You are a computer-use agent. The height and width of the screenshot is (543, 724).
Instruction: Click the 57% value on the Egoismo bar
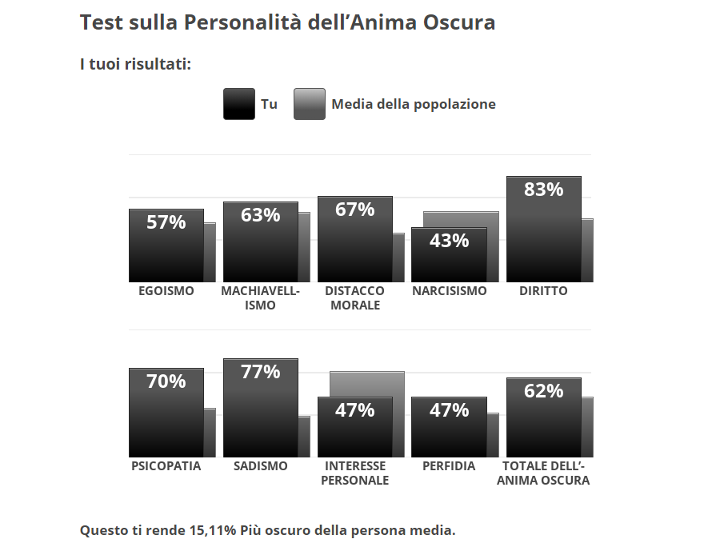166,222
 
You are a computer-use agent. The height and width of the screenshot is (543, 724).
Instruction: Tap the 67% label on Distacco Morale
354,210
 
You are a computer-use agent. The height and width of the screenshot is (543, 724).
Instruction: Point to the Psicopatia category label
166,466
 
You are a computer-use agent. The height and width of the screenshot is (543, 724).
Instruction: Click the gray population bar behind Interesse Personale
366,383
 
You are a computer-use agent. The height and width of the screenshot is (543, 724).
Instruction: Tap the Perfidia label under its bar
449,466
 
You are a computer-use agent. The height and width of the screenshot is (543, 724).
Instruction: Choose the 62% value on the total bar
543,391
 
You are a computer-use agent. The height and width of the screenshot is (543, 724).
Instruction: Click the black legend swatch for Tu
238,104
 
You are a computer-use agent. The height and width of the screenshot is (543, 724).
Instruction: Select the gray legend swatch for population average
309,104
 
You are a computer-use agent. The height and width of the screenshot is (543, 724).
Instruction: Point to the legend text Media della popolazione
414,104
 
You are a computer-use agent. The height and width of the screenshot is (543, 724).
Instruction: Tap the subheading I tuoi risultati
135,64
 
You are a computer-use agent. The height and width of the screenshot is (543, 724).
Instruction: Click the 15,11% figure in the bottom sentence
213,529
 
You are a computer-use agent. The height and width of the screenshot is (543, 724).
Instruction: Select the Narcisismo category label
449,291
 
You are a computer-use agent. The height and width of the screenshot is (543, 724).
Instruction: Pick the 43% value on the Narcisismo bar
449,240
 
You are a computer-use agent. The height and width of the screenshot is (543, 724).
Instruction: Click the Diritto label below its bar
543,291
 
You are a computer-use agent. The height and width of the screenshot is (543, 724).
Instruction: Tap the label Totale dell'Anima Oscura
543,473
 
